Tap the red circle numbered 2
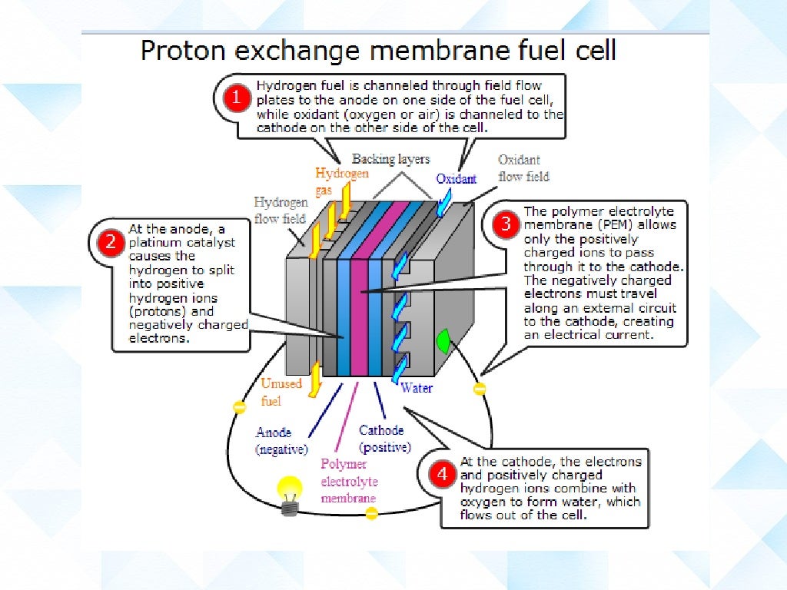click(x=111, y=243)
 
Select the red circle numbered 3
click(x=506, y=224)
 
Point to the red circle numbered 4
click(x=442, y=475)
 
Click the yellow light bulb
click(x=290, y=492)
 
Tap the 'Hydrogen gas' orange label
click(x=341, y=182)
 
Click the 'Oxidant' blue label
click(x=457, y=179)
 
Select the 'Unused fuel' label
click(x=281, y=392)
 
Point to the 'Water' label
click(x=417, y=388)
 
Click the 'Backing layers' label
click(x=391, y=159)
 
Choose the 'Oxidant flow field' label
click(x=523, y=168)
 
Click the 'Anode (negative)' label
click(x=281, y=440)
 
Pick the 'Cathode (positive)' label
click(x=384, y=439)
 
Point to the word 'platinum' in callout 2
click(x=156, y=243)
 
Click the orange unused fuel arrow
click(x=314, y=380)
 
